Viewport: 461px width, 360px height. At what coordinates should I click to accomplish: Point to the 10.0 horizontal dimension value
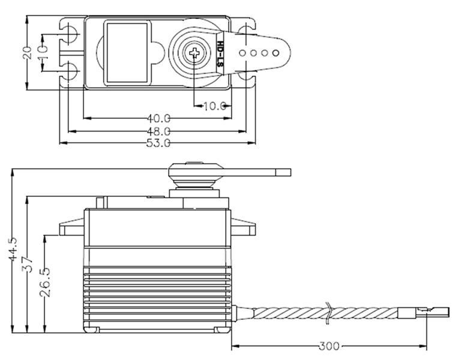coord(214,106)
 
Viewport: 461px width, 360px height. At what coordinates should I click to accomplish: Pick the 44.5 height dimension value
coord(13,250)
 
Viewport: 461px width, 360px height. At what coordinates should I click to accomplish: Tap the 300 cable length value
coord(330,346)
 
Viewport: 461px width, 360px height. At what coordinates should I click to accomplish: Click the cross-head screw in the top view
coord(194,53)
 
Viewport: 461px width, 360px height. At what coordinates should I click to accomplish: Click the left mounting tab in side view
coord(71,228)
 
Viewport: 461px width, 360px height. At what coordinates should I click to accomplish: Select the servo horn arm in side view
coord(252,172)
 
